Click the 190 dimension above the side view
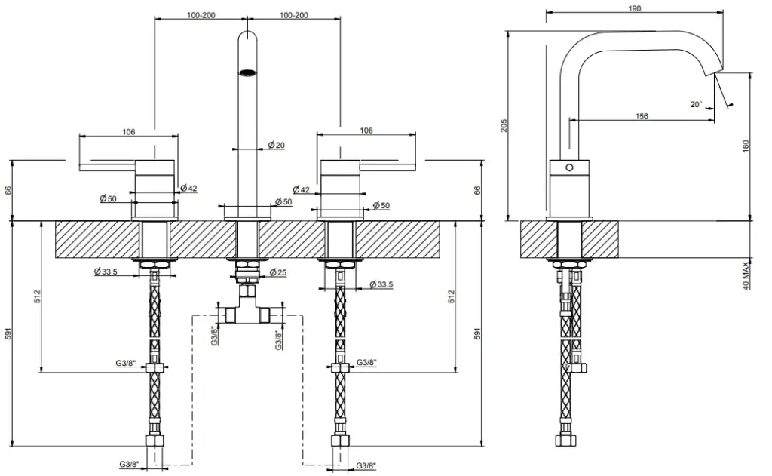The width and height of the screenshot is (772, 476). pyautogui.click(x=635, y=8)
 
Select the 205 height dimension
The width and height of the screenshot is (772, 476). pyautogui.click(x=504, y=125)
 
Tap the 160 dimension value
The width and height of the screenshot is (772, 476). pyautogui.click(x=746, y=146)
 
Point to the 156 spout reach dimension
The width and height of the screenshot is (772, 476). pyautogui.click(x=642, y=116)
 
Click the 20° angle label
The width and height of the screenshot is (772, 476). pyautogui.click(x=696, y=104)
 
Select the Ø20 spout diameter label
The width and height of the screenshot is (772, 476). pyautogui.click(x=276, y=145)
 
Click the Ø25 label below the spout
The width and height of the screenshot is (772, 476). pyautogui.click(x=278, y=272)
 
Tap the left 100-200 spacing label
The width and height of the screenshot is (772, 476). pyautogui.click(x=201, y=15)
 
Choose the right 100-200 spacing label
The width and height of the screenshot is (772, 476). pyautogui.click(x=294, y=15)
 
